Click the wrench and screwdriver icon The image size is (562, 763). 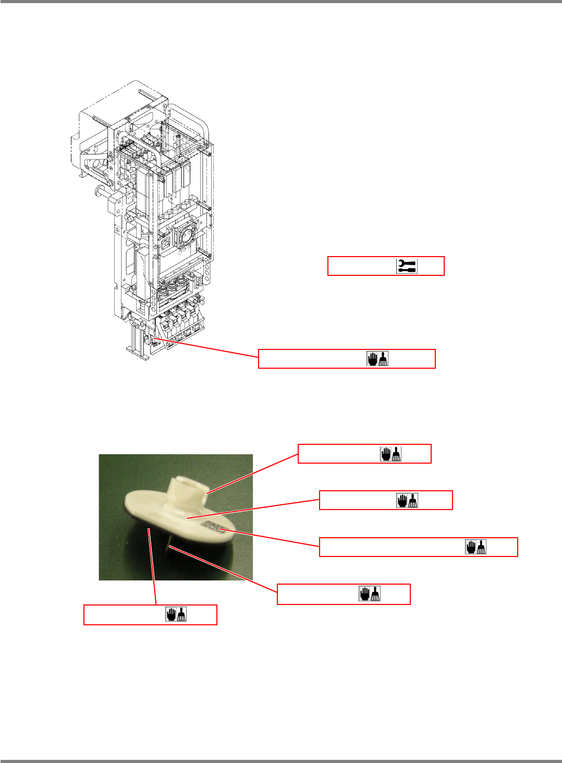(x=407, y=266)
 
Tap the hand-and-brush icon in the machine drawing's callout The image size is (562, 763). (x=378, y=359)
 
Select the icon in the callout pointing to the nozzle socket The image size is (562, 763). (x=390, y=454)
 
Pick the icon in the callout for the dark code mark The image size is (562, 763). (x=475, y=547)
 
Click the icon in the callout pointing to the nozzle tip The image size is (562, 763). (x=370, y=594)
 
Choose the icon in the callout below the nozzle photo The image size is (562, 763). (x=177, y=614)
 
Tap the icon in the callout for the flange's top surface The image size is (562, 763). (x=407, y=500)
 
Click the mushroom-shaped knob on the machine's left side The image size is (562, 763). (x=99, y=191)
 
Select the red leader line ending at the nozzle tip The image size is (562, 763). (x=224, y=569)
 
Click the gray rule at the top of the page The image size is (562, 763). (x=281, y=2)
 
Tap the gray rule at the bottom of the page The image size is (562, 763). (x=281, y=761)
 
